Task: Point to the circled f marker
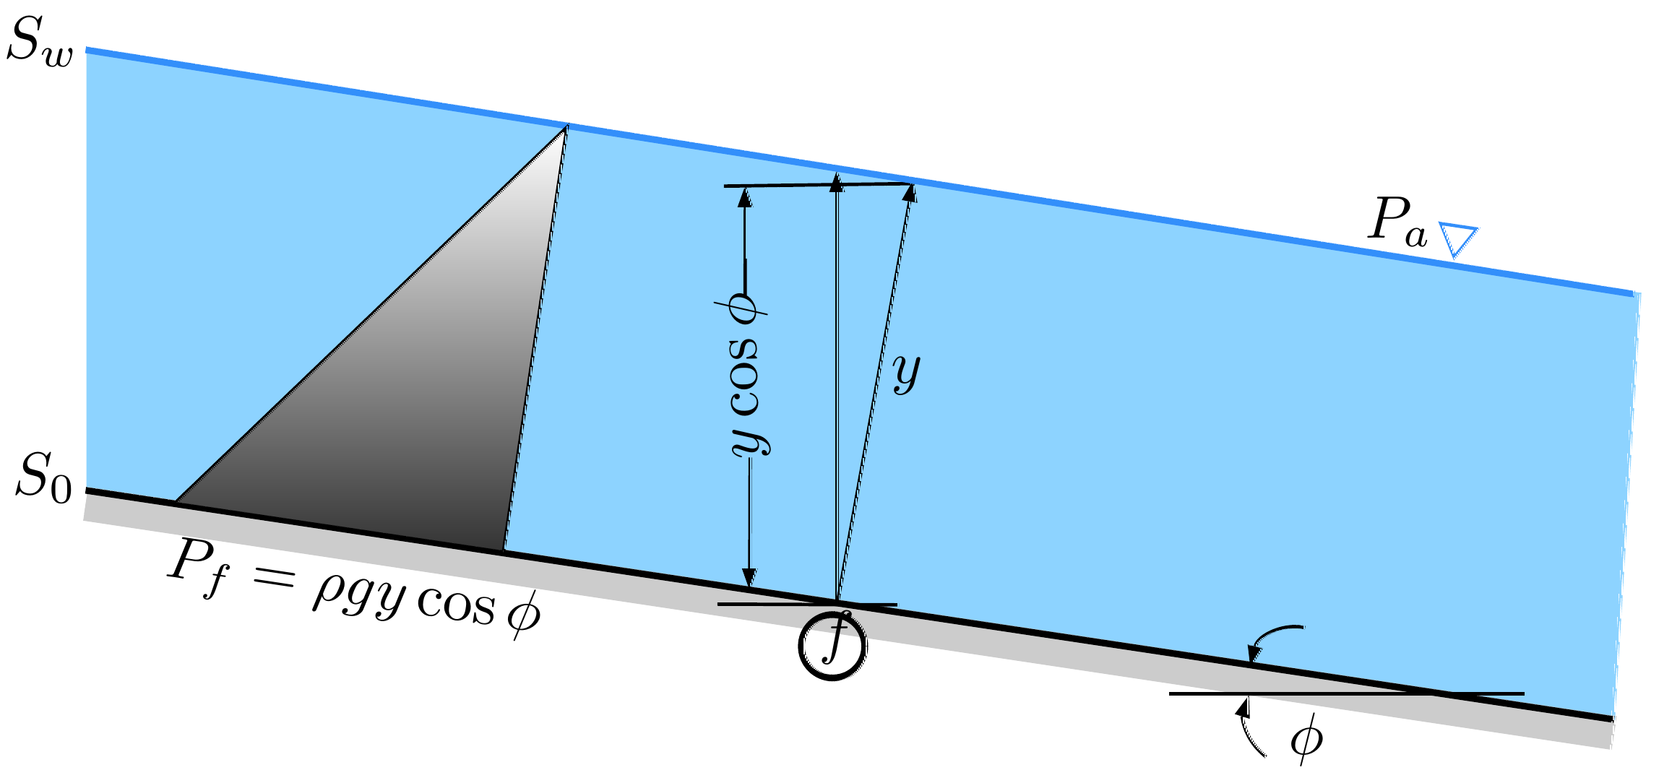832,645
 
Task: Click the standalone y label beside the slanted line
907,372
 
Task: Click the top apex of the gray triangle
566,127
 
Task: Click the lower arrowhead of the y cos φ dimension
749,578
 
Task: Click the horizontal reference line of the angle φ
1346,693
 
